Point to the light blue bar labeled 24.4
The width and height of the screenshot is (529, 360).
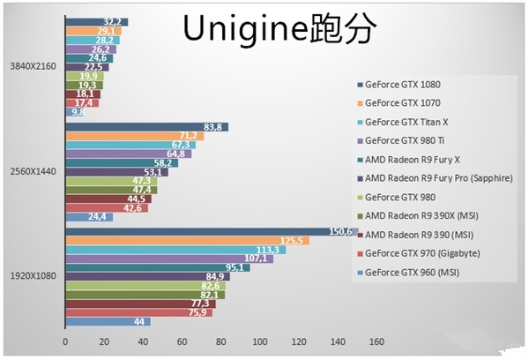84,216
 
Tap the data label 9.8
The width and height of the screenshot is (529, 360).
78,112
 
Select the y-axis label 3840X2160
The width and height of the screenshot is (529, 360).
33,66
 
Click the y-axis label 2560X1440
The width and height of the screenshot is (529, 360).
33,171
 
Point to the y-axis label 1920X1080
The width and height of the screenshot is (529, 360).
33,276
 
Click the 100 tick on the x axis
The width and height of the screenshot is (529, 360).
259,340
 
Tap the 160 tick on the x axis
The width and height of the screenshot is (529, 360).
376,340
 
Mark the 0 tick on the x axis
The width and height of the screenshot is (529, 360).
64,340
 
